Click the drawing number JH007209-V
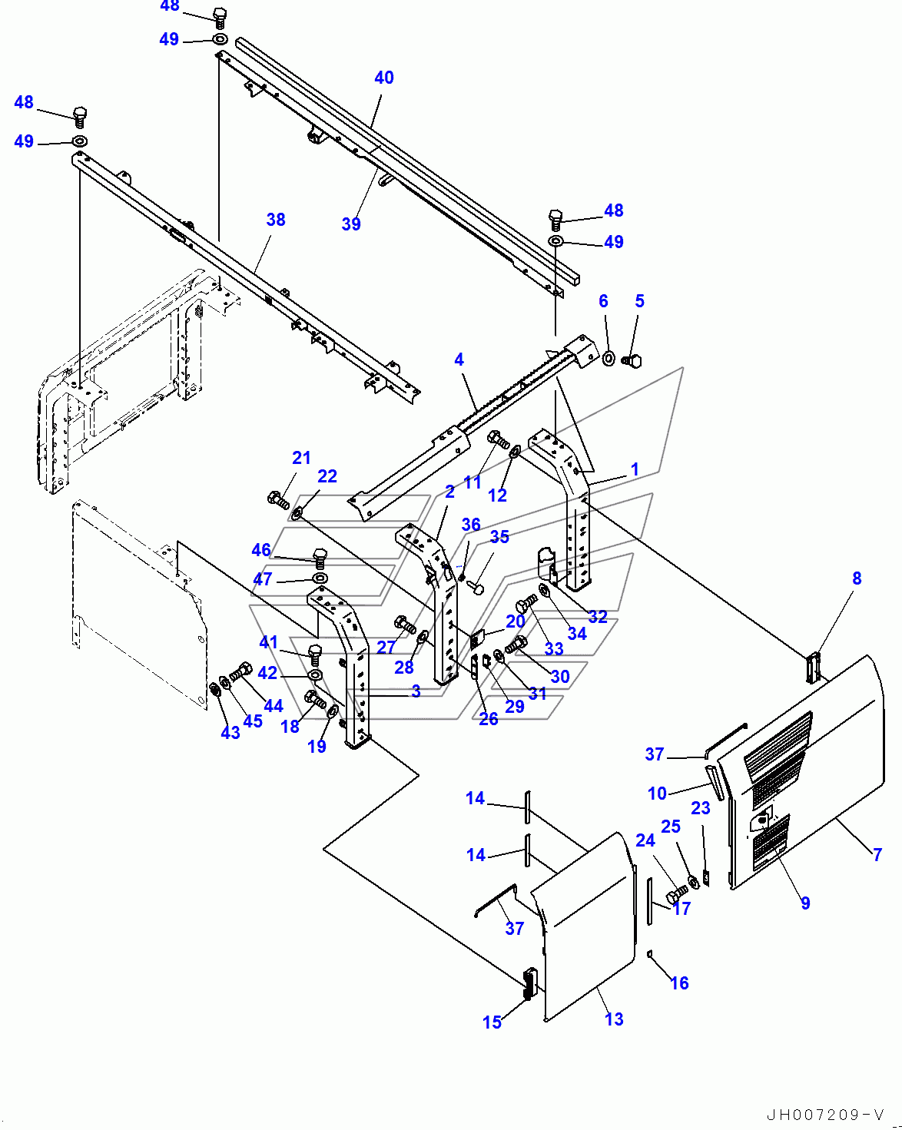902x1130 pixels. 825,1115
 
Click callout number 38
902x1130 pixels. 276,220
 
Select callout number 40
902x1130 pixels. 384,78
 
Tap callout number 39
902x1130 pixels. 351,224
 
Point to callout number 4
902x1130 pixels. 459,359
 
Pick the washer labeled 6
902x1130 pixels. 608,358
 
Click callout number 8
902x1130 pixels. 857,578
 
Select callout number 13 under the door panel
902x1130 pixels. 614,1019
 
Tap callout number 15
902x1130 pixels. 492,1022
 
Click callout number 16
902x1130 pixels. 679,983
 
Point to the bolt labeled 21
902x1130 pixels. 278,500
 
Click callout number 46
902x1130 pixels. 261,550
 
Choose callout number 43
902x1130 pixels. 230,732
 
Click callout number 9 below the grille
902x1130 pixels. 805,903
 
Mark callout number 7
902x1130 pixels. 877,853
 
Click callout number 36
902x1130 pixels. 471,525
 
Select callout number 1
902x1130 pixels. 635,469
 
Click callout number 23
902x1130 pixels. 700,807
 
